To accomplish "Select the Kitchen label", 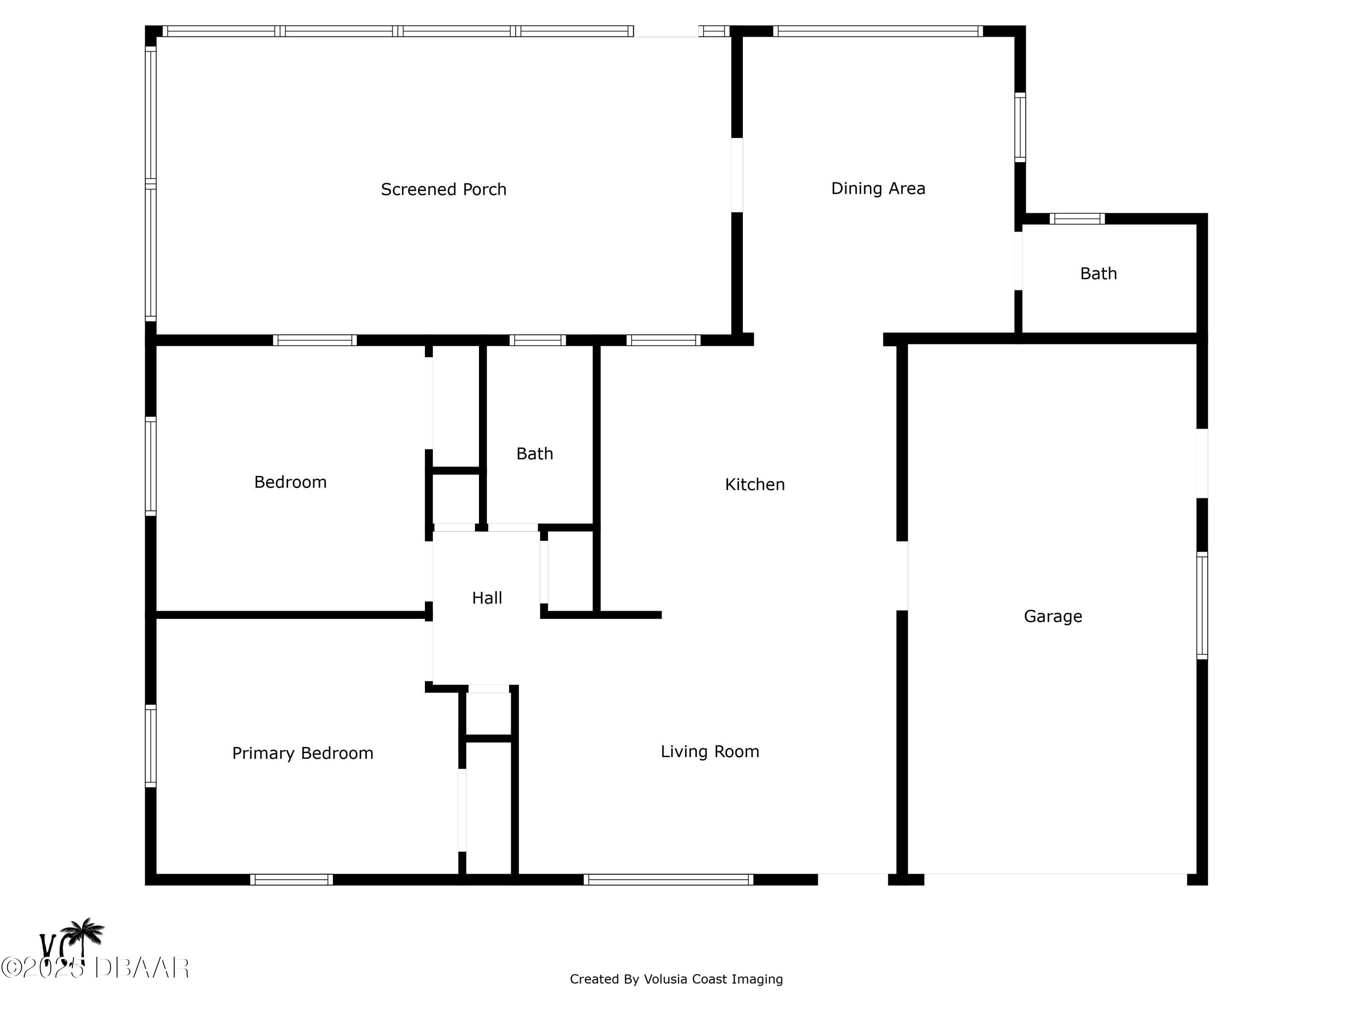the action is (755, 484).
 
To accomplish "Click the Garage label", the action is (1053, 616).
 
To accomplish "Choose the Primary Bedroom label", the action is (302, 753).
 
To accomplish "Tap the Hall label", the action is (487, 598).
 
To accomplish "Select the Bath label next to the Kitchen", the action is (534, 453).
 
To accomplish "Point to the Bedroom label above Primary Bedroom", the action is (290, 482).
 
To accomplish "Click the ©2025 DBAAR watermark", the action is (95, 968).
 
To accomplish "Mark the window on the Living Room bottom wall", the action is (668, 880).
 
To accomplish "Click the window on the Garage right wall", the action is (1202, 606).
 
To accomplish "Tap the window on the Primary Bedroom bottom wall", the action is (291, 880).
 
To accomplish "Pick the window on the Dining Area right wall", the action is (1020, 128).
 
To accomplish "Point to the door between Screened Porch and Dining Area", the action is (737, 175).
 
